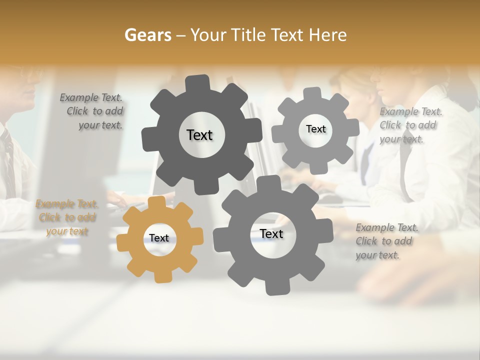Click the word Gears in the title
(x=147, y=35)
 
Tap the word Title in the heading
(x=249, y=35)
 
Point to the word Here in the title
(x=328, y=35)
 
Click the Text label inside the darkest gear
(x=199, y=135)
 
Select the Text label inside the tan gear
(x=159, y=238)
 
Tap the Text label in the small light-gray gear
(x=315, y=129)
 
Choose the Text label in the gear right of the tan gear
(x=271, y=233)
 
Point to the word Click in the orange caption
(x=49, y=217)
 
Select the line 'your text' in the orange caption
(x=67, y=231)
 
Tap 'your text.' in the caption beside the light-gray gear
(x=401, y=139)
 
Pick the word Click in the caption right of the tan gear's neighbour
(x=366, y=241)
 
